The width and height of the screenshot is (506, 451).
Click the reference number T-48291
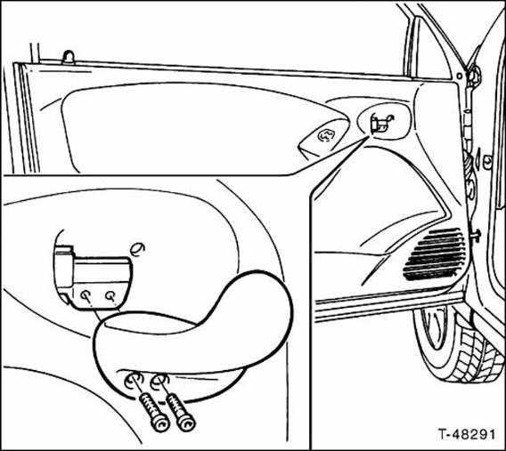pyautogui.click(x=466, y=434)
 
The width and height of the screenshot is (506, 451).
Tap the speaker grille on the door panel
pyautogui.click(x=436, y=254)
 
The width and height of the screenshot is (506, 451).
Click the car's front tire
pyautogui.click(x=458, y=345)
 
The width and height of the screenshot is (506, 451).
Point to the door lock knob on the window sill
pyautogui.click(x=69, y=57)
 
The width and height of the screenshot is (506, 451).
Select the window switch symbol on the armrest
pyautogui.click(x=326, y=135)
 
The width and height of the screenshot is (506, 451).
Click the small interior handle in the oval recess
pyautogui.click(x=381, y=124)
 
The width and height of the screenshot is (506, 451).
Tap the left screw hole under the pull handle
pyautogui.click(x=134, y=381)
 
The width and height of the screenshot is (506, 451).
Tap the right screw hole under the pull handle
pyautogui.click(x=160, y=380)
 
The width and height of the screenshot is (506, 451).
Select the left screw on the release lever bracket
pyautogui.click(x=86, y=294)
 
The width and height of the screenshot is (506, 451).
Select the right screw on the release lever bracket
pyautogui.click(x=110, y=294)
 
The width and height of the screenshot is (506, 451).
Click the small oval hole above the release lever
pyautogui.click(x=137, y=249)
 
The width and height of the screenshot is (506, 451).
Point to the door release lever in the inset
pyautogui.click(x=93, y=278)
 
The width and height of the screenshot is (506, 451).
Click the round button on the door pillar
pyautogui.click(x=488, y=159)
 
